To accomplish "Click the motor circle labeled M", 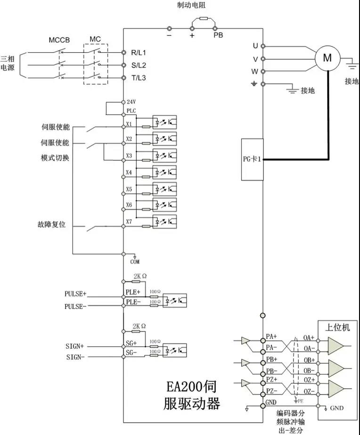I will (x=327, y=58).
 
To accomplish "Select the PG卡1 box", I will (x=252, y=159).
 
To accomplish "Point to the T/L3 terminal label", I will (x=139, y=78).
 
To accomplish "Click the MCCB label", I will (x=59, y=40).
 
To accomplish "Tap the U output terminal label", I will (x=255, y=46).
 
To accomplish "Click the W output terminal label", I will (x=255, y=72).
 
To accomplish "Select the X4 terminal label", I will (x=129, y=172).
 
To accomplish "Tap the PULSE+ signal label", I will (x=75, y=294).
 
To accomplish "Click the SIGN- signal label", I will (x=76, y=357).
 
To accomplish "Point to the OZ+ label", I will (x=309, y=380).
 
